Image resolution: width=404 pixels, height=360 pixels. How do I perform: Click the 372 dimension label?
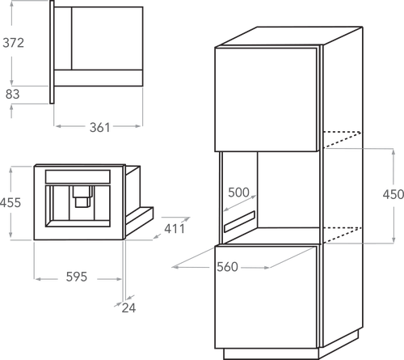tap(13, 43)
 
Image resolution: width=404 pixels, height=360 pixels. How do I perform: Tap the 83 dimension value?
tap(13, 94)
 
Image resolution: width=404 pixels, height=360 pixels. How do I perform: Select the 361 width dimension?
tap(100, 127)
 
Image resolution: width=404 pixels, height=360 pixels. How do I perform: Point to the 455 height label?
tap(11, 202)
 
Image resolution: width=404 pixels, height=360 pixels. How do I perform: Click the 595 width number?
tap(77, 277)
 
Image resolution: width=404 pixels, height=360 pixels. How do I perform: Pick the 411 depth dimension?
tap(175, 229)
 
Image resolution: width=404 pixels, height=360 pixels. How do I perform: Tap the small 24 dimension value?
tap(128, 308)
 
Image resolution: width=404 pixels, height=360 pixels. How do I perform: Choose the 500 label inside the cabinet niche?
tap(238, 193)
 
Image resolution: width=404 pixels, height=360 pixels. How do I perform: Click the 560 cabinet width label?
tap(228, 267)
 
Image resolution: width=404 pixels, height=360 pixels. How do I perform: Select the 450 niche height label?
tap(393, 194)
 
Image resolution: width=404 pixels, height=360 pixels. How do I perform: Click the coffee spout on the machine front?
tap(82, 197)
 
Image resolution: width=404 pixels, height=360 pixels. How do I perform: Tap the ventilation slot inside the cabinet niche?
tap(239, 222)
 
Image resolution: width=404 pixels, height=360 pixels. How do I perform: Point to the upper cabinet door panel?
tap(266, 100)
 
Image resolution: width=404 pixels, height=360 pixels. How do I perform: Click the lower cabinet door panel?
tap(266, 297)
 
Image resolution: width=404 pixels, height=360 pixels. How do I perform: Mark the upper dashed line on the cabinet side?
tap(343, 139)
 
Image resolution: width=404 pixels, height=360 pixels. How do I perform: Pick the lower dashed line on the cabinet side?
tap(343, 235)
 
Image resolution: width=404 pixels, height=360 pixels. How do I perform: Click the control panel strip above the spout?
tap(78, 176)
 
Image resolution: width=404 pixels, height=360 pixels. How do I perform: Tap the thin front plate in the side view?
tap(52, 52)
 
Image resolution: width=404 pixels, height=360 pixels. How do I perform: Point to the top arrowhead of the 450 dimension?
tap(393, 151)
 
